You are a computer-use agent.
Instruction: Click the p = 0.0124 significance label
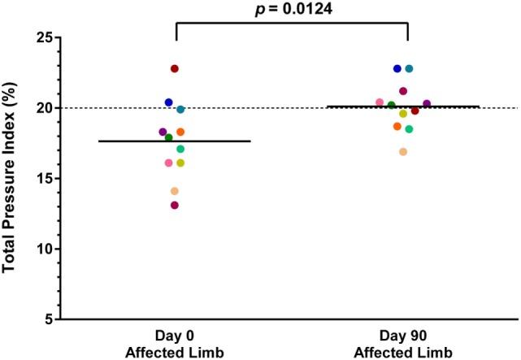291,9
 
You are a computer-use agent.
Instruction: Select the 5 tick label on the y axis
48,319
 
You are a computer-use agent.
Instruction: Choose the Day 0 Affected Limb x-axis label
175,343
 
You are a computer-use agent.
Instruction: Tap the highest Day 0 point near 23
175,69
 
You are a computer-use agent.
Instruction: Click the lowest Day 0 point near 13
175,205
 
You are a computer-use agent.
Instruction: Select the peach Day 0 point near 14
175,191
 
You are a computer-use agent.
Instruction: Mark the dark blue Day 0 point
169,102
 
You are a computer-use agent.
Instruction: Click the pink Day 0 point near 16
169,163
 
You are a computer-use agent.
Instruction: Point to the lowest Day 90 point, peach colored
403,152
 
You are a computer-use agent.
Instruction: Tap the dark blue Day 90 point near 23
397,69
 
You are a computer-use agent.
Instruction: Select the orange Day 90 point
397,126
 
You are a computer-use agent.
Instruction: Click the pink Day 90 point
380,102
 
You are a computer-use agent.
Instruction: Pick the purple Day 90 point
427,104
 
